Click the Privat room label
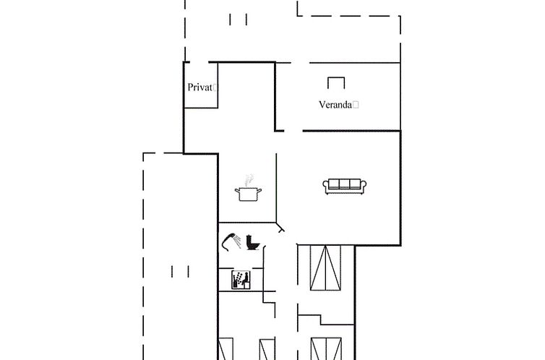click(x=199, y=87)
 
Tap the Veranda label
click(x=335, y=105)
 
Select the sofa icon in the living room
click(x=345, y=187)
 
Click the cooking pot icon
click(x=248, y=194)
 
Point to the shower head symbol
click(x=231, y=242)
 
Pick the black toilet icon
click(x=253, y=243)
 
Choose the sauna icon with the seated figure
click(x=241, y=280)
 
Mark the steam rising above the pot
click(x=249, y=180)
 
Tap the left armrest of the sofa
click(x=326, y=186)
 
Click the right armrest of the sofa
click(x=364, y=186)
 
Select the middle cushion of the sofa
click(x=345, y=184)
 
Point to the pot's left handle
click(x=237, y=190)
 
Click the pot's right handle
click(x=259, y=190)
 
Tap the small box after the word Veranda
click(x=355, y=105)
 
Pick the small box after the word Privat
click(x=215, y=87)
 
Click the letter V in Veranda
click(x=322, y=105)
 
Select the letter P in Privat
click(x=191, y=87)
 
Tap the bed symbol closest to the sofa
click(x=325, y=268)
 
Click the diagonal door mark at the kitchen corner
click(x=280, y=227)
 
